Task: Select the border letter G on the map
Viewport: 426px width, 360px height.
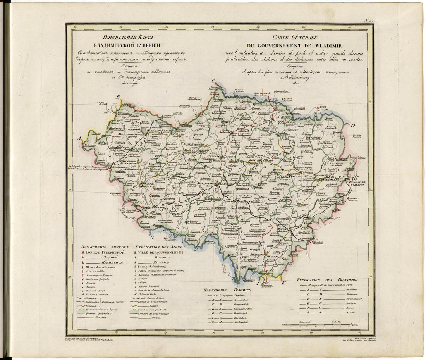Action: (152, 237)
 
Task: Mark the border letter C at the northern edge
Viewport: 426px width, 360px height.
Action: (213, 81)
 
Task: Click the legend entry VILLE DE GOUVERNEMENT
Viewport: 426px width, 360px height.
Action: (160, 252)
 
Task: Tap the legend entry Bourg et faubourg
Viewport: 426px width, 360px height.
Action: (149, 267)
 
